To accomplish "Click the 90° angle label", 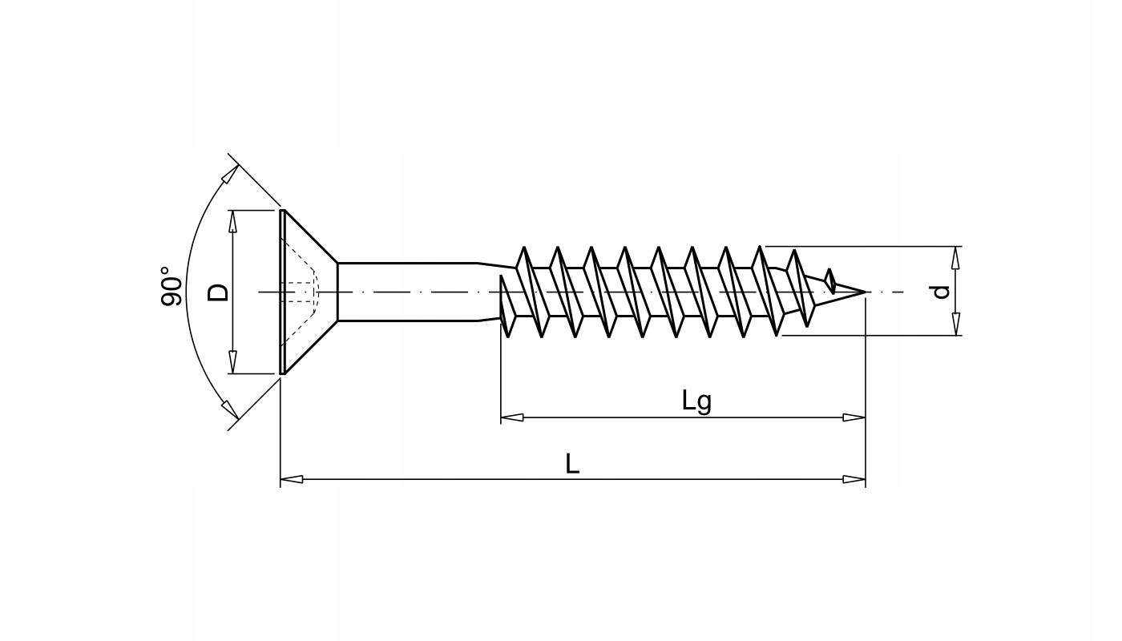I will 171,286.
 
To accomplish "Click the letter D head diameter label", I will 218,292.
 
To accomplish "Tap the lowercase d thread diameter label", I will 942,292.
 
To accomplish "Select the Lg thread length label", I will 696,401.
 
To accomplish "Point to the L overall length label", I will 571,464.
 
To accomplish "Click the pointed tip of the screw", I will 863,292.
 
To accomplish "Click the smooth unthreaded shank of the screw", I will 409,292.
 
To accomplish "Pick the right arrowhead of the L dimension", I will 854,479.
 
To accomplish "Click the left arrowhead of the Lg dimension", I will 512,417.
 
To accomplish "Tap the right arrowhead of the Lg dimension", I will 854,417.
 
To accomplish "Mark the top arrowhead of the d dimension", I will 955,257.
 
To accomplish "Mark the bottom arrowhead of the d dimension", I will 955,325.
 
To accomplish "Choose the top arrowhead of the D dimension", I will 233,221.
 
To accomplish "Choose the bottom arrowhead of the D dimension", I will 233,362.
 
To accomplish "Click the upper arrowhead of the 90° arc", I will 229,175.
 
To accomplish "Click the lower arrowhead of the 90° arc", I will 229,409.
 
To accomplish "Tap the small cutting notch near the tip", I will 830,280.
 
